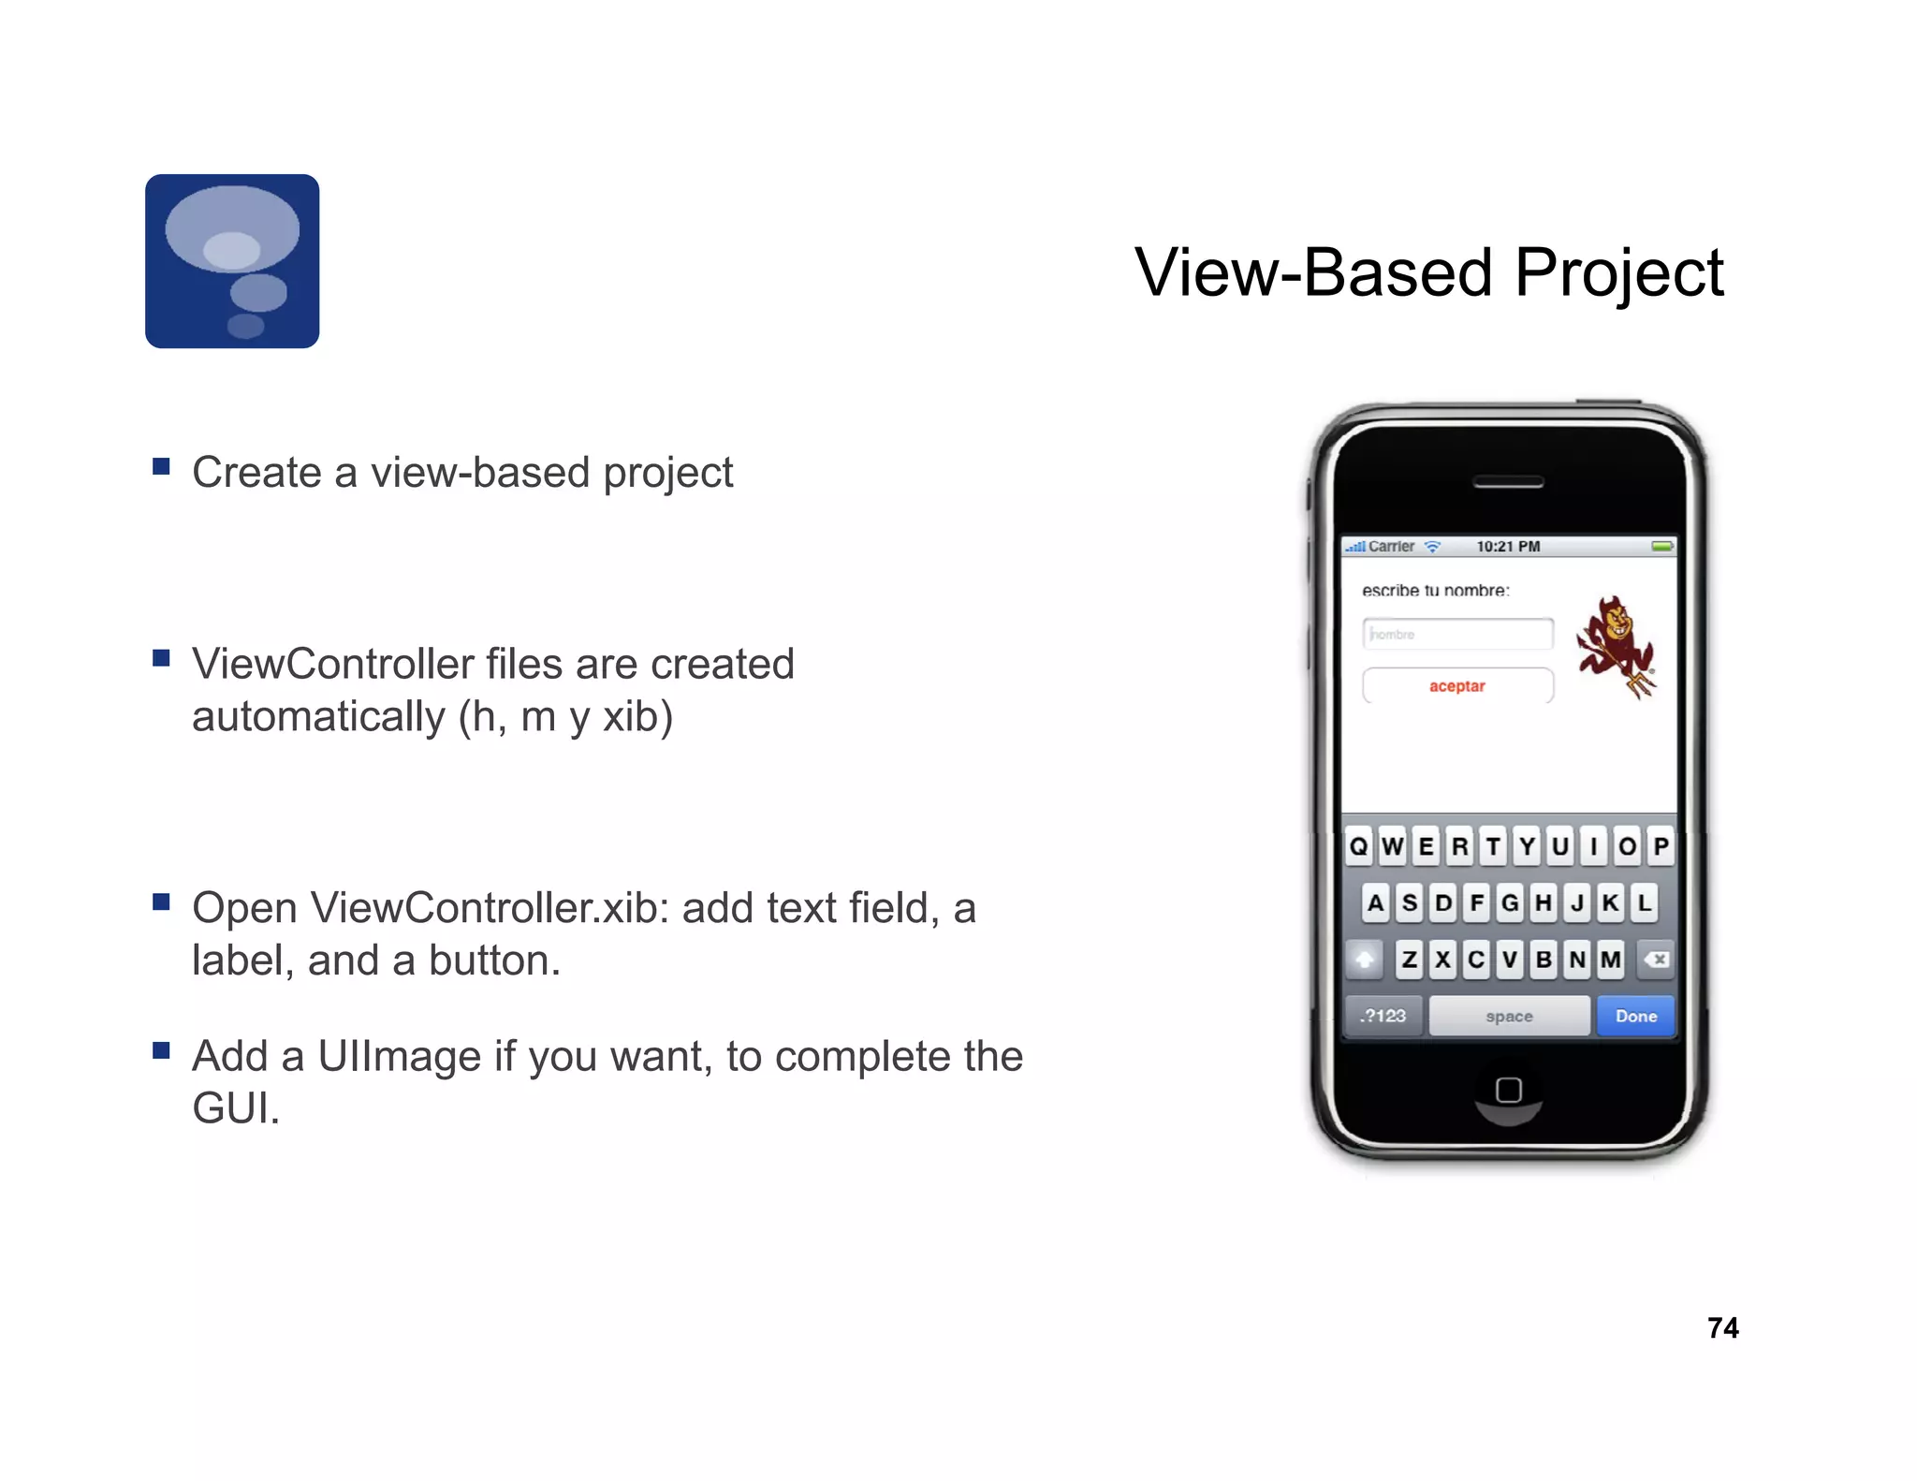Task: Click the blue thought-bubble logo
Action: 232,261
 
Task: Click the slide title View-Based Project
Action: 1428,272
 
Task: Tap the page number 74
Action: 1722,1327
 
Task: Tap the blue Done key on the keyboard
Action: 1635,1016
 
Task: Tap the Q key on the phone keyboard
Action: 1358,846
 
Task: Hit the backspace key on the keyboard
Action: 1656,960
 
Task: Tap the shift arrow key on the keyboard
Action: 1365,960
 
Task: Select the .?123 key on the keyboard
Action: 1383,1016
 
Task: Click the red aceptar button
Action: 1457,686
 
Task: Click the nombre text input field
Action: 1457,634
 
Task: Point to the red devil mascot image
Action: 1615,647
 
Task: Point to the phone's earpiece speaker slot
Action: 1508,482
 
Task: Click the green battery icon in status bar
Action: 1662,547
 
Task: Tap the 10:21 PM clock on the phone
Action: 1508,547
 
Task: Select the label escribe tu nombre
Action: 1435,590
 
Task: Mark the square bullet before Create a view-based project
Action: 161,466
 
